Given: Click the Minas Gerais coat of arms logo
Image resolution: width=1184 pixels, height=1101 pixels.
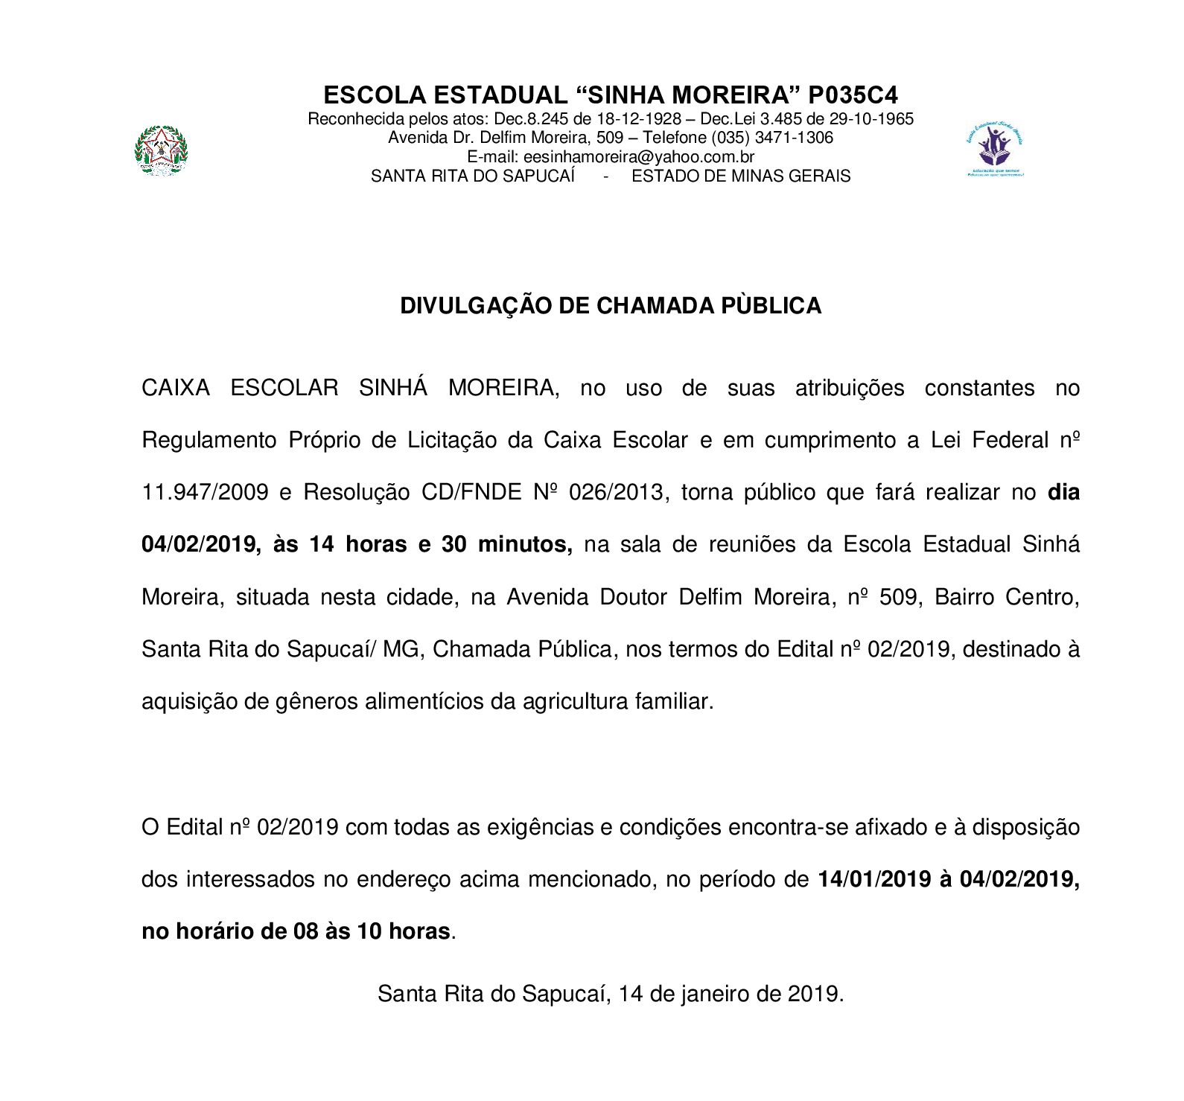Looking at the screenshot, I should click(161, 151).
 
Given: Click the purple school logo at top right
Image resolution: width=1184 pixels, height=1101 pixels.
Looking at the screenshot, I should click(995, 151).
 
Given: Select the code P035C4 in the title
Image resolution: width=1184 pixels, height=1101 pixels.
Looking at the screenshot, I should click(853, 95).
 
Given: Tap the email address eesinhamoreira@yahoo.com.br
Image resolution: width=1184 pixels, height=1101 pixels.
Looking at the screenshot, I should click(639, 157).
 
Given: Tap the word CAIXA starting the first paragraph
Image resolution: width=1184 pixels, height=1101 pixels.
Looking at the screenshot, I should click(176, 389).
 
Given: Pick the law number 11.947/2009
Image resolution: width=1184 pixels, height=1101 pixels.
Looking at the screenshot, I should click(205, 493).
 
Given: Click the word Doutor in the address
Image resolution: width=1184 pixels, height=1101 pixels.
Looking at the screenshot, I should click(633, 597).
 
